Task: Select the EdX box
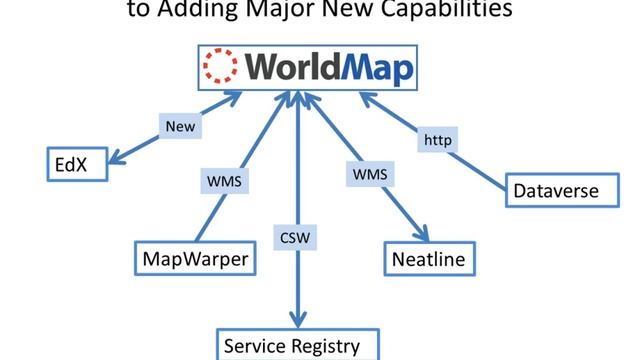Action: coord(66,165)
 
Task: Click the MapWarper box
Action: coord(193,259)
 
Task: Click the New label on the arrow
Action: coord(181,127)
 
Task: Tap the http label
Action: coord(437,140)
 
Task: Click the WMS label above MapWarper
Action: coord(224,182)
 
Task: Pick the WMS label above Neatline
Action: coord(369,175)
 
